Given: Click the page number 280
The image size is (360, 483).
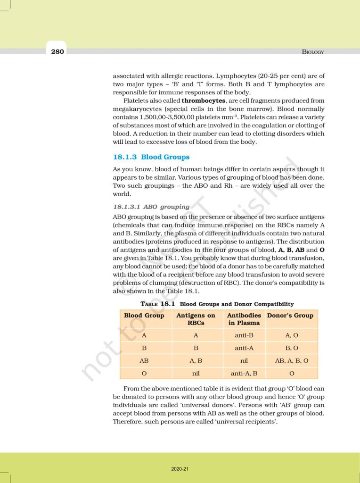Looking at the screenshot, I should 57,51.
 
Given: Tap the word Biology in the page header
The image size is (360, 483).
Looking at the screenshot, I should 313,52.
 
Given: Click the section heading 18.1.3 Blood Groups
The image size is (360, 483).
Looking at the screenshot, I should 151,157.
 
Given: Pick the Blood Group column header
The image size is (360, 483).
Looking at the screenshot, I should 144,316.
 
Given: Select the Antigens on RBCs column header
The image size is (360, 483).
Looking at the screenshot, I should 196,319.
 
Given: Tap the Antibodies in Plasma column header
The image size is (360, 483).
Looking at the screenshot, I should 244,319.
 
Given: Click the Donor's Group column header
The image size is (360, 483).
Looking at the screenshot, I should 290,316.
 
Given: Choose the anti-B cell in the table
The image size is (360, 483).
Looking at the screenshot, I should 244,335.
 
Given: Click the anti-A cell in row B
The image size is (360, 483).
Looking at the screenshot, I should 244,348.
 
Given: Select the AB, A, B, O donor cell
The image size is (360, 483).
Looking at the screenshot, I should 292,361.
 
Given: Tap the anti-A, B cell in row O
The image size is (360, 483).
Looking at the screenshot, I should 244,374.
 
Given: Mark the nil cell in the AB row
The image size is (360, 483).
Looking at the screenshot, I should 244,361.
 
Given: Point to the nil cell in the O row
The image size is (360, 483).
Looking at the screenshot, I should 196,374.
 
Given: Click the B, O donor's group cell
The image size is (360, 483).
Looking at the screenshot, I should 292,348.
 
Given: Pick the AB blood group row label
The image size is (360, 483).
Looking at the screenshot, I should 144,361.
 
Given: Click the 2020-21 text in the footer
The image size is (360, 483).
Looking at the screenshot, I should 180,469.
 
